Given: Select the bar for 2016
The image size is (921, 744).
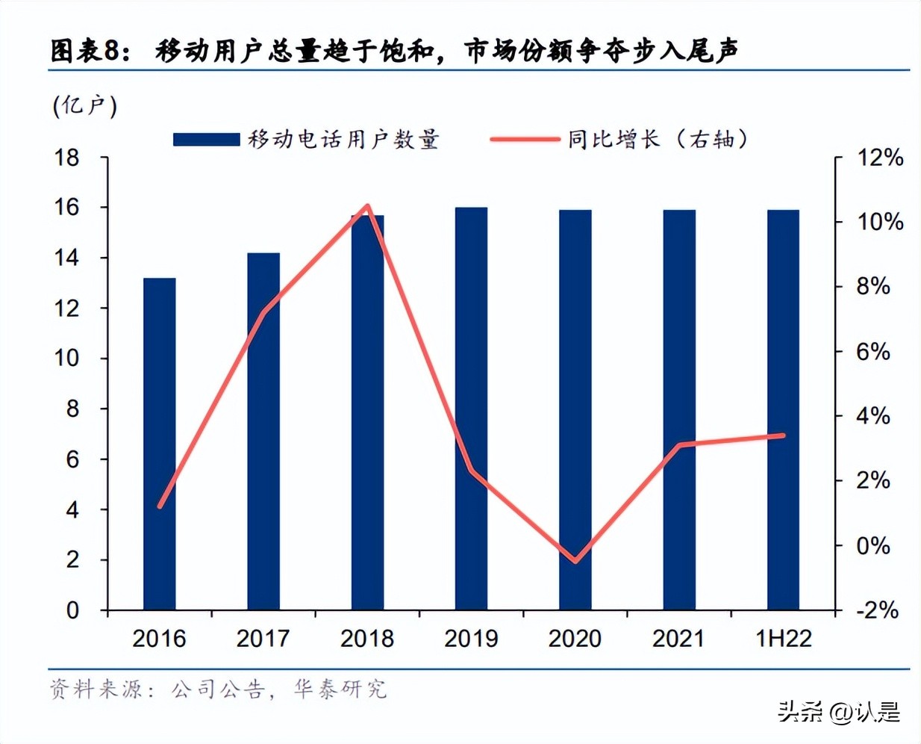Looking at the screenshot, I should (x=159, y=444).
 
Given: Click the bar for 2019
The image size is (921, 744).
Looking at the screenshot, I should (x=471, y=409).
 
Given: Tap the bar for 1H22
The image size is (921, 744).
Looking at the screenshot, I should (x=783, y=410).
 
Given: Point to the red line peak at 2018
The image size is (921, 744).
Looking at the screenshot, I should (x=367, y=206).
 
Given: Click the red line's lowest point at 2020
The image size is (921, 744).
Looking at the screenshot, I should (x=575, y=560).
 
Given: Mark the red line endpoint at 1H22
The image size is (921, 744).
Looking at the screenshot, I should (x=782, y=435).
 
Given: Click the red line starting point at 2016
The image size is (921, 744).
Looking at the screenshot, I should (x=160, y=506).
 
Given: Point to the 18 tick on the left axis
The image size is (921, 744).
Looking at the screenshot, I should (x=67, y=158).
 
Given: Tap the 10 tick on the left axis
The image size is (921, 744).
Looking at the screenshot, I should (x=67, y=359).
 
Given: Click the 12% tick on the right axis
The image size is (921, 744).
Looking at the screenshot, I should (x=879, y=158).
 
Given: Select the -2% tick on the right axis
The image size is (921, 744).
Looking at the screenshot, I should (x=877, y=610).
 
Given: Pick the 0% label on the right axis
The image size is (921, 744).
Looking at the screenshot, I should (x=872, y=546).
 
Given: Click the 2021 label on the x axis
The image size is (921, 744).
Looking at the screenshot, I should (x=678, y=639).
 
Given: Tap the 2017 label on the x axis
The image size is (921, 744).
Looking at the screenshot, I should (x=263, y=639).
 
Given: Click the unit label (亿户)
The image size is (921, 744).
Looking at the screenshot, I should (x=85, y=106).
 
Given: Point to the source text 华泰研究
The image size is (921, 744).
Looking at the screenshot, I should (x=340, y=689).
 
